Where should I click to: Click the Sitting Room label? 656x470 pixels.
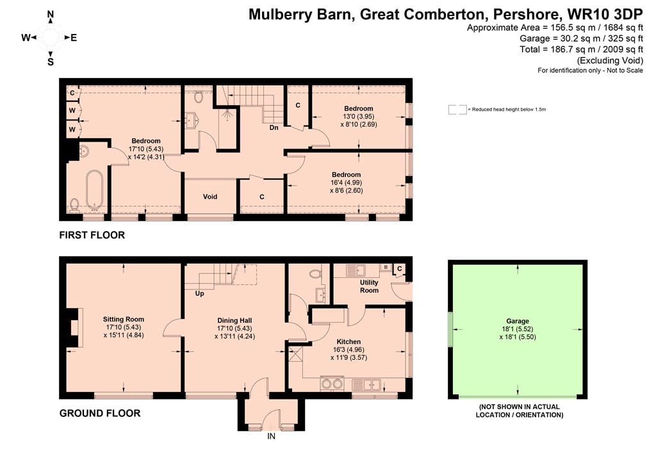pyautogui.click(x=124, y=320)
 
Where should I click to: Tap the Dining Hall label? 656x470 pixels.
pyautogui.click(x=234, y=321)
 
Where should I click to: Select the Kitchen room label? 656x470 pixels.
pyautogui.click(x=348, y=342)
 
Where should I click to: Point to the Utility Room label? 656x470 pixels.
pyautogui.click(x=369, y=286)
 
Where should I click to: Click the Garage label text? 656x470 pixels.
pyautogui.click(x=518, y=321)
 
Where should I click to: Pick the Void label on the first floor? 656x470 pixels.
pyautogui.click(x=210, y=197)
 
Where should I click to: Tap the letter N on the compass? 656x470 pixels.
pyautogui.click(x=51, y=15)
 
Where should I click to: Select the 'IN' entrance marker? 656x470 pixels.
pyautogui.click(x=272, y=436)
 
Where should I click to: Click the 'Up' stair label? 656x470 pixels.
pyautogui.click(x=200, y=293)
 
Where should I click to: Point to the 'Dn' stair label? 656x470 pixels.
pyautogui.click(x=274, y=127)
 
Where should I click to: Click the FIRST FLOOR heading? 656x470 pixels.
pyautogui.click(x=92, y=235)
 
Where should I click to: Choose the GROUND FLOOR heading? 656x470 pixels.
pyautogui.click(x=100, y=413)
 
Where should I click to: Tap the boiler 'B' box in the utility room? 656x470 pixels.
pyautogui.click(x=386, y=267)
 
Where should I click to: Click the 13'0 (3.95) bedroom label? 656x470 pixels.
pyautogui.click(x=359, y=117)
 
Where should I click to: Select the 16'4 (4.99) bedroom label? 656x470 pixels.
pyautogui.click(x=346, y=182)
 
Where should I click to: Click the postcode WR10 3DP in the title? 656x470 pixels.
pyautogui.click(x=605, y=14)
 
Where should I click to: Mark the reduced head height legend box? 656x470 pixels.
pyautogui.click(x=457, y=109)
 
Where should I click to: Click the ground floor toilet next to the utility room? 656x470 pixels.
pyautogui.click(x=315, y=274)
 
